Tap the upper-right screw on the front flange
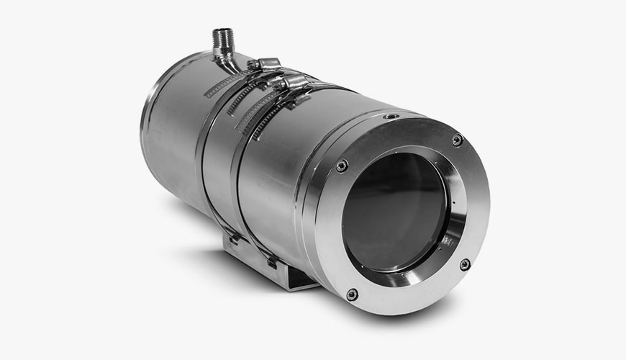tap(457, 140)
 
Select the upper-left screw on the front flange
tap(342, 165)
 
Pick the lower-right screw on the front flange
tap(465, 264)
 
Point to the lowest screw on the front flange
tap(352, 294)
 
